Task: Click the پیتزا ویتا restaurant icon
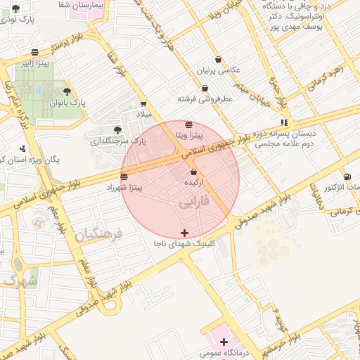click(x=188, y=124)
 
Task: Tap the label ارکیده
click(x=193, y=182)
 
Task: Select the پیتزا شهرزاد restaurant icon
click(x=124, y=176)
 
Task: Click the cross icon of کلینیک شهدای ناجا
click(x=184, y=233)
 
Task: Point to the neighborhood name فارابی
click(x=193, y=203)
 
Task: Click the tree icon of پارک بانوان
click(x=67, y=91)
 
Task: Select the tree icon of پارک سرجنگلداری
click(x=117, y=129)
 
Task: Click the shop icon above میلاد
click(x=143, y=104)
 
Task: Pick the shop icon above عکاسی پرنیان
click(x=220, y=59)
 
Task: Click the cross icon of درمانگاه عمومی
click(x=224, y=342)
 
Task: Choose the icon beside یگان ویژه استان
click(x=23, y=148)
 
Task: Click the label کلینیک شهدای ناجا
click(x=184, y=244)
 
